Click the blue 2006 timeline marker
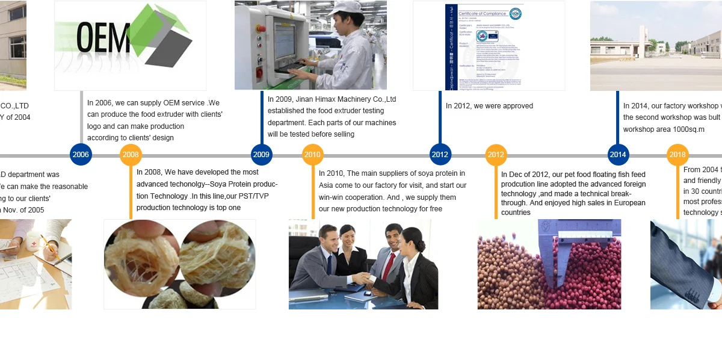[81, 155]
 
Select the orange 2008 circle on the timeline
[131, 155]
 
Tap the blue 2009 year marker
[261, 155]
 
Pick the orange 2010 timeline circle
[312, 155]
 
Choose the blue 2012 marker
[440, 155]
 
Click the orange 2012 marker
[496, 155]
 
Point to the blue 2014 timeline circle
[618, 155]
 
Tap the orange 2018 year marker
[677, 155]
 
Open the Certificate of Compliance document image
[489, 46]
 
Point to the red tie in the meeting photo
[389, 265]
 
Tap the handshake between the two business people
[361, 279]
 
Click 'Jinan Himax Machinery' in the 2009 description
[333, 99]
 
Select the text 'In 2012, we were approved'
[489, 106]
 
